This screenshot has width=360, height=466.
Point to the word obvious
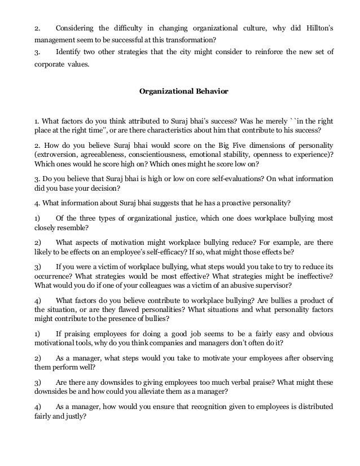(319, 333)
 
